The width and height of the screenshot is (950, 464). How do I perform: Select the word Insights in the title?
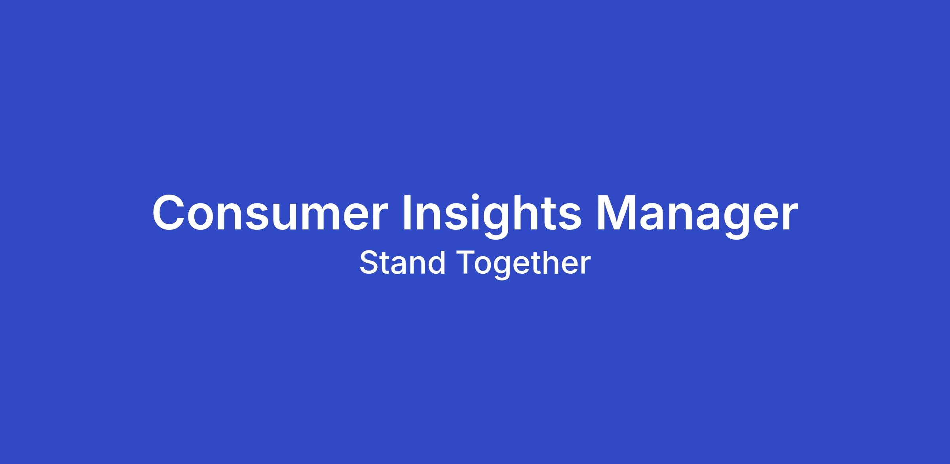492,216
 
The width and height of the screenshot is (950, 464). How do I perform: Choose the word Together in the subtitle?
524,264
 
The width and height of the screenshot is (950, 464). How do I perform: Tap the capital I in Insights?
407,212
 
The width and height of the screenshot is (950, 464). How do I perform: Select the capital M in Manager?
616,212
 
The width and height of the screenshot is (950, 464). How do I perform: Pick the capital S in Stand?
369,262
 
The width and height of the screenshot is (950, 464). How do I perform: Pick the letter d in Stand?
436,262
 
